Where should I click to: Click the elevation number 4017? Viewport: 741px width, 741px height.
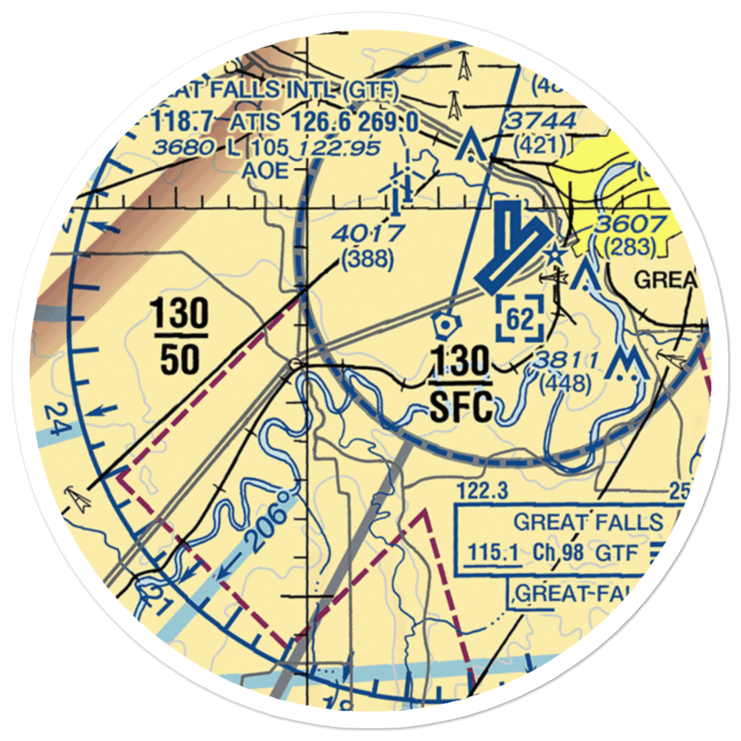[368, 234]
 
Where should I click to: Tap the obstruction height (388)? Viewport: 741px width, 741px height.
[367, 260]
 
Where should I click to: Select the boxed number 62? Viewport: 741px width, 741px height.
[520, 319]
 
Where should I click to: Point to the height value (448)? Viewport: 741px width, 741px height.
[565, 383]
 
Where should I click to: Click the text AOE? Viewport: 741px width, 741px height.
[268, 170]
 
